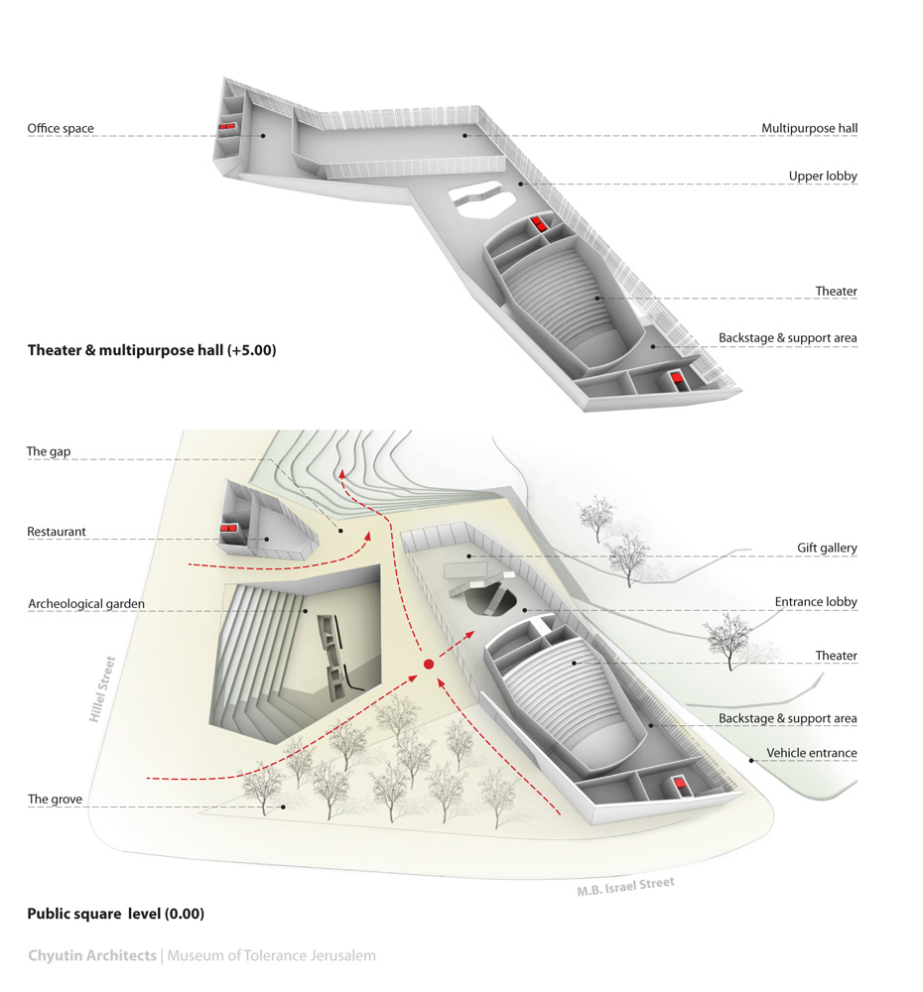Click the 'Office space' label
click(x=61, y=129)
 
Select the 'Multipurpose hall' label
click(x=809, y=129)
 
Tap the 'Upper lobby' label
click(x=823, y=177)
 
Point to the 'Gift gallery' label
click(x=827, y=548)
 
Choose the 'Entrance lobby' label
click(x=816, y=602)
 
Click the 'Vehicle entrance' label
click(x=811, y=754)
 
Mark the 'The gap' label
click(x=49, y=452)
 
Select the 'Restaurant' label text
click(x=57, y=533)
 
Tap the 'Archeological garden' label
click(x=86, y=603)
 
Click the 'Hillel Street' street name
click(x=103, y=688)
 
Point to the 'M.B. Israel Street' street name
click(x=625, y=886)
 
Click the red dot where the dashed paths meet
click(x=429, y=664)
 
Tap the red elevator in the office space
click(x=228, y=127)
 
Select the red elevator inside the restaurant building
click(x=229, y=530)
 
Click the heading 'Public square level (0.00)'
click(x=115, y=914)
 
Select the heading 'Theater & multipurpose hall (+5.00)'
click(x=152, y=350)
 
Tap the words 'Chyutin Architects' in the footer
click(x=91, y=956)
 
